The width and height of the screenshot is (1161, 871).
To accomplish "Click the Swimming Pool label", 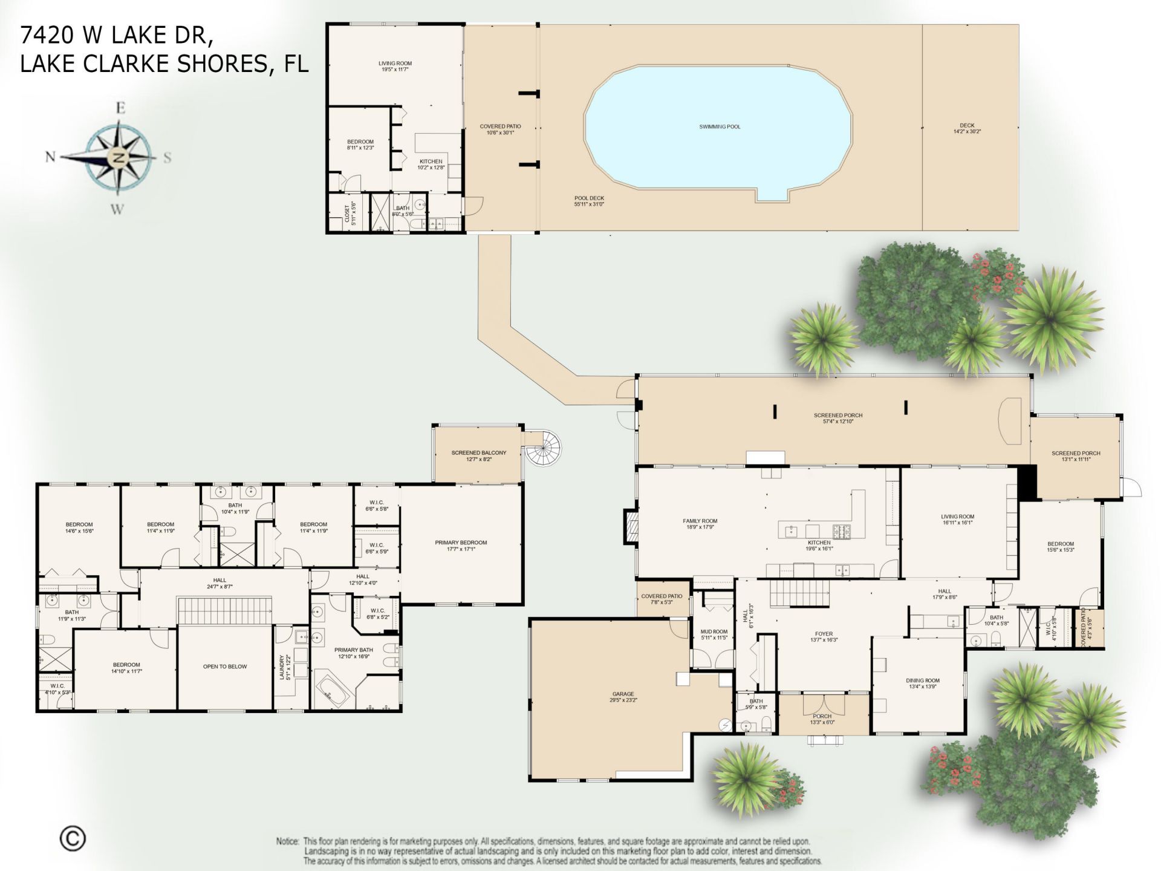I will (719, 127).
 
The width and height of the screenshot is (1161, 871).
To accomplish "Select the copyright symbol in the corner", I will (73, 838).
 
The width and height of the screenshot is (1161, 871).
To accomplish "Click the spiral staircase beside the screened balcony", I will (542, 449).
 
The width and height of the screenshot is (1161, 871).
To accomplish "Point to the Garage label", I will (623, 697).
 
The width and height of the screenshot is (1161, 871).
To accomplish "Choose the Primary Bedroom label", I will (461, 546).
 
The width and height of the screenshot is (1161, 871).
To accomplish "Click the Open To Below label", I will (225, 667).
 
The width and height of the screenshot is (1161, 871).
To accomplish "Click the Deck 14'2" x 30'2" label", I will (967, 128).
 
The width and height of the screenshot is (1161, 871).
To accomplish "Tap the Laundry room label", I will (283, 668).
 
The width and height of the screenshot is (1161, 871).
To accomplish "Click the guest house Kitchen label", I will (431, 164).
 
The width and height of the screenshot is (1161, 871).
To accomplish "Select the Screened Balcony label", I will (478, 455).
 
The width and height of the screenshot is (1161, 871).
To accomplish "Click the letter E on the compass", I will (120, 109).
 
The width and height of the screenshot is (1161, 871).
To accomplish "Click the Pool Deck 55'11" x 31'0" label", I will (589, 201).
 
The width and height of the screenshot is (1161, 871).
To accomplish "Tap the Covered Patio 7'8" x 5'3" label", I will (662, 599).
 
